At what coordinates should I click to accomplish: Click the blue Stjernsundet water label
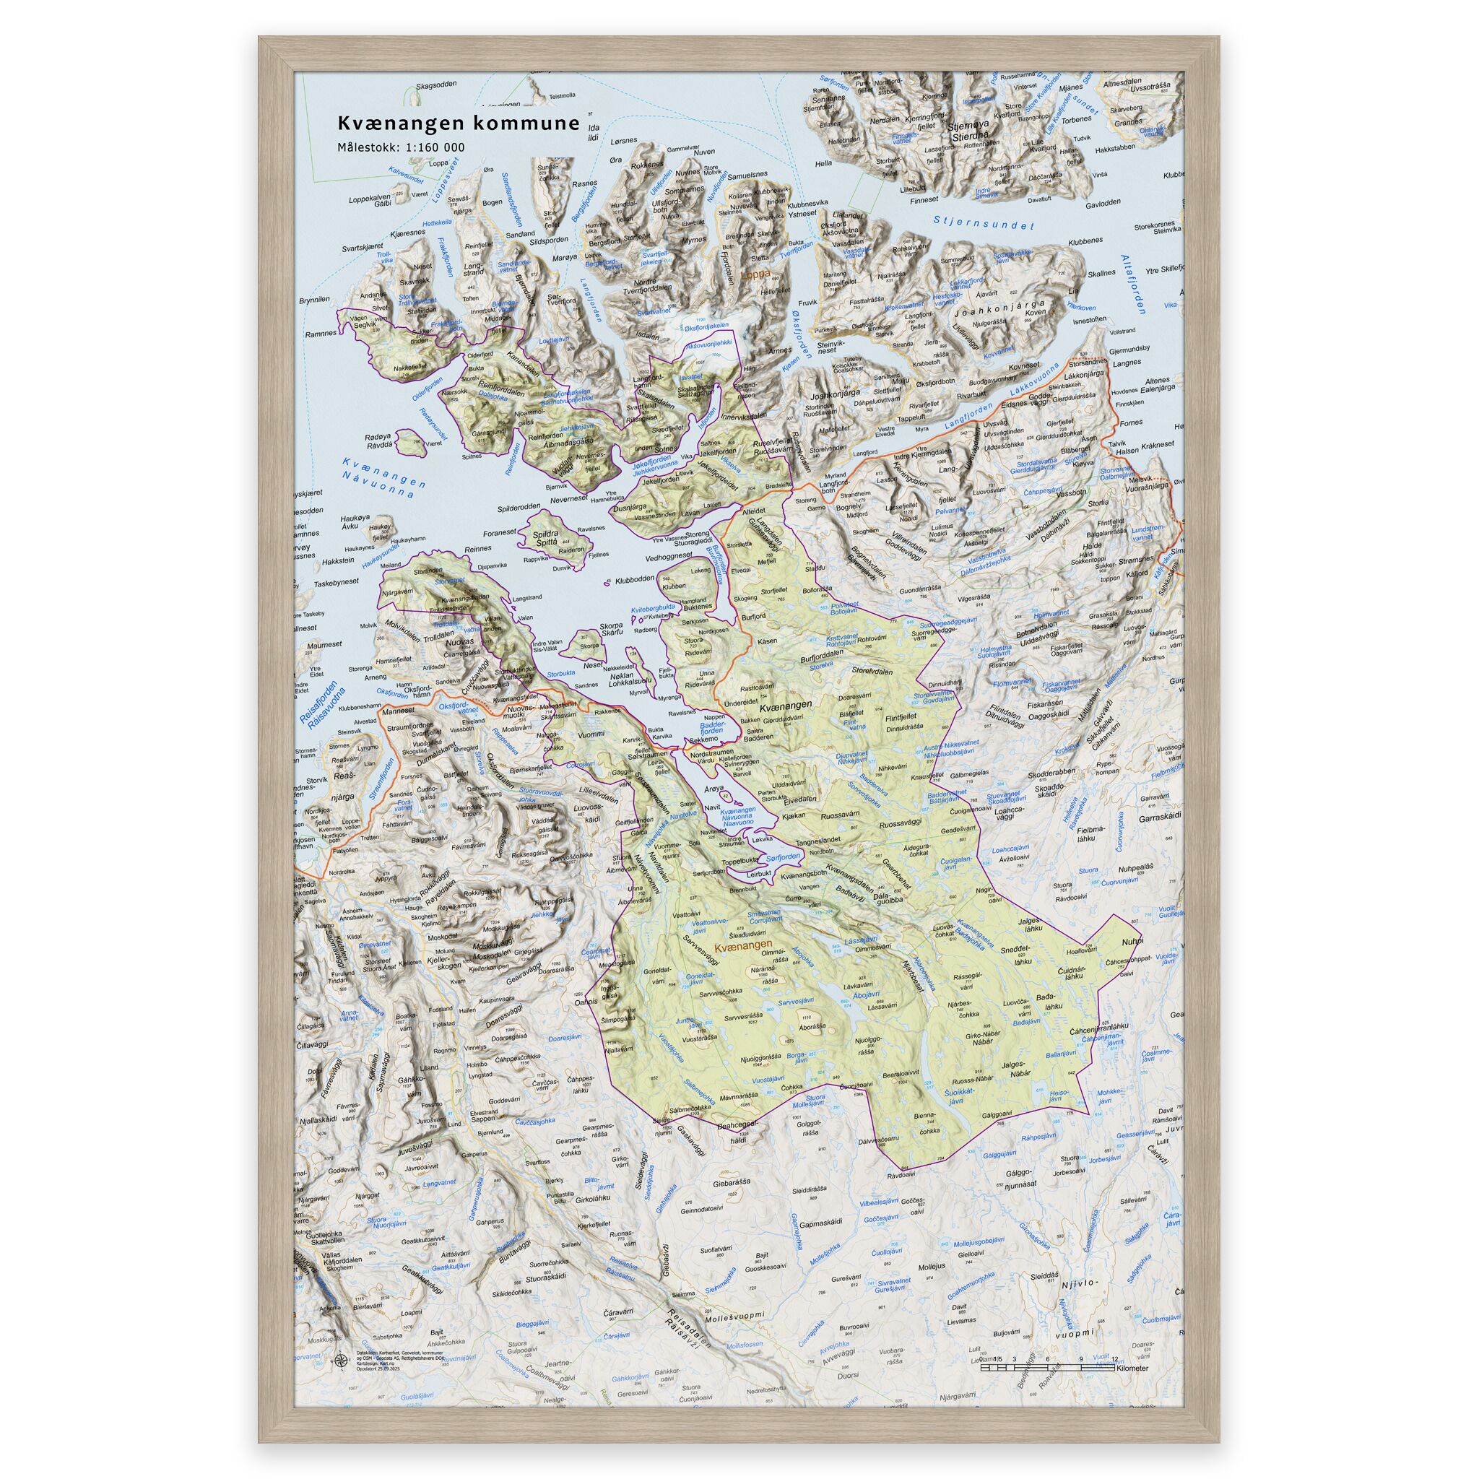(x=984, y=222)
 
